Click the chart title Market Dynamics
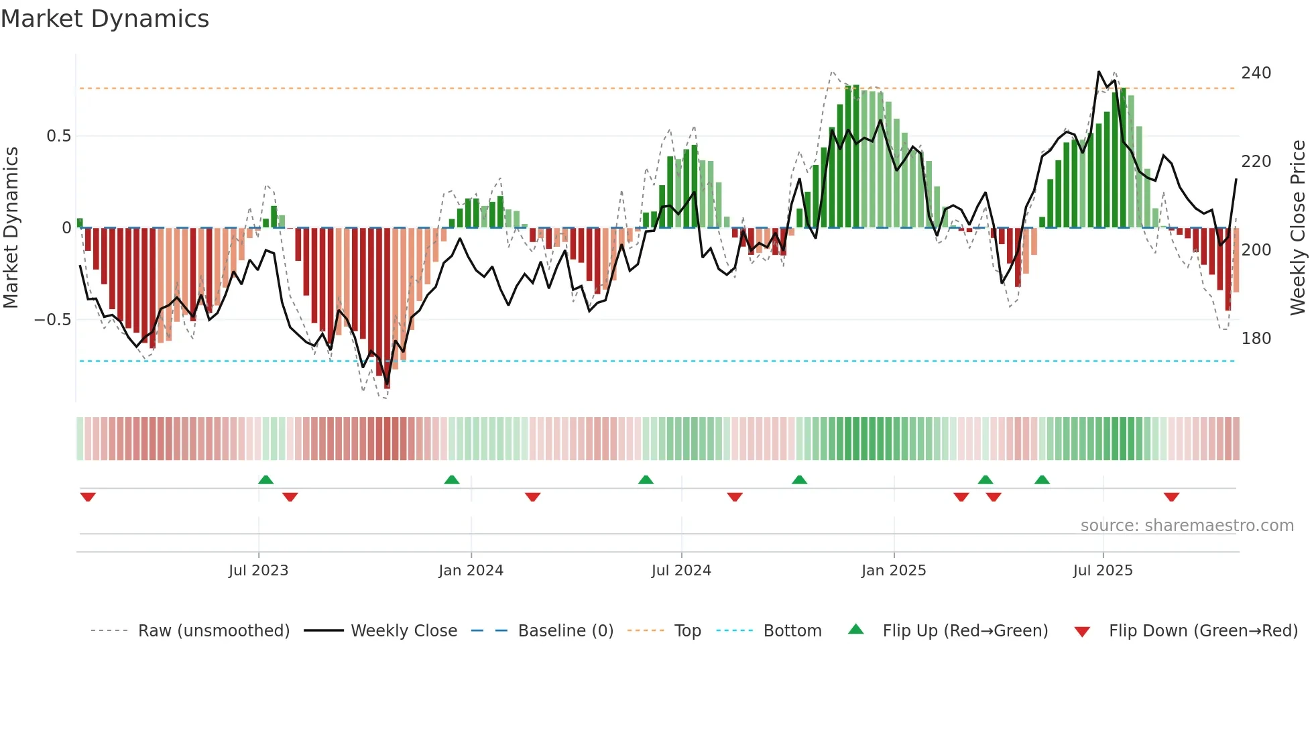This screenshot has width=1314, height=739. click(105, 19)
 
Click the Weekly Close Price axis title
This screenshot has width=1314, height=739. click(1298, 227)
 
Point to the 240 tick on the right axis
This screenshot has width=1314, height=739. click(1256, 72)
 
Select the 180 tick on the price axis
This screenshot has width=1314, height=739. click(1256, 338)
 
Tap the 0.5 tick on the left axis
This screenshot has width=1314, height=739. click(58, 136)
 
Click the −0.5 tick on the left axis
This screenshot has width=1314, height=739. click(53, 319)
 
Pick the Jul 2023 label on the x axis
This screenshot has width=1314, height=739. click(258, 571)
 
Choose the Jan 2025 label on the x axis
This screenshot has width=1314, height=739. click(893, 571)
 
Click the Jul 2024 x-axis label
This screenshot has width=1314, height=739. click(680, 571)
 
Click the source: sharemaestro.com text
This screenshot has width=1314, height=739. click(1187, 526)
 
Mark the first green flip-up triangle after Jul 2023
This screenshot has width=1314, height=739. click(265, 479)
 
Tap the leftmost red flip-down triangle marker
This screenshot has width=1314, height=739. click(88, 497)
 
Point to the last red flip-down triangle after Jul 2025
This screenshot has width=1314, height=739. click(1171, 497)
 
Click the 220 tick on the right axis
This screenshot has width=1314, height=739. click(1256, 161)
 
